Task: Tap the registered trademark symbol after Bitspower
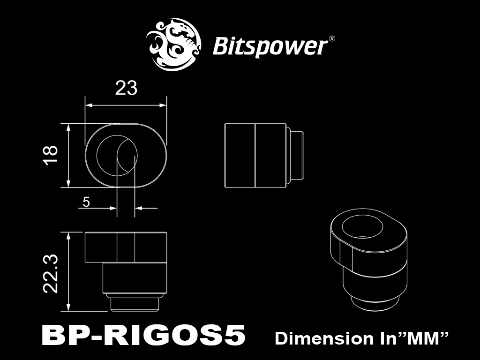coord(331,39)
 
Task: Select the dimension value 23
coord(126,88)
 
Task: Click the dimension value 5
coord(86,202)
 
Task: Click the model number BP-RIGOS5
coord(143,335)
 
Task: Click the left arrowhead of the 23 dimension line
coord(89,105)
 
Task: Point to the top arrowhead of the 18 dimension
coord(68,127)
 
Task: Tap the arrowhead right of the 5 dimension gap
coord(139,208)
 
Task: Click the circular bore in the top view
coord(117,155)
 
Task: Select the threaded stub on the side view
coord(295,155)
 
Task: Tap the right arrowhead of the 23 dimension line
coord(163,105)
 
